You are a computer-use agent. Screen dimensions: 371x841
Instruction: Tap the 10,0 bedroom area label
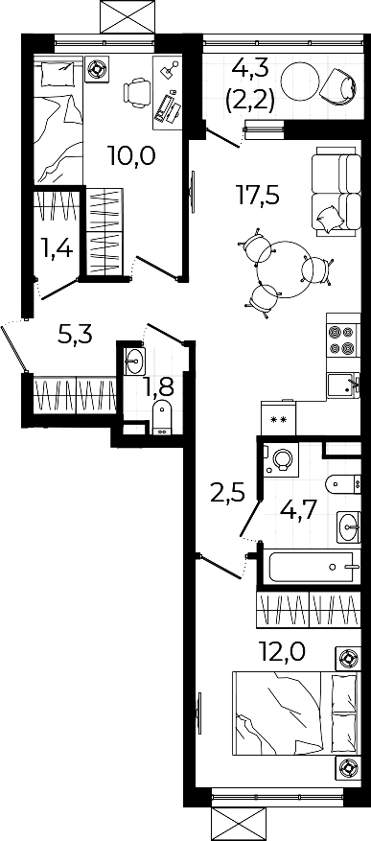[131, 155]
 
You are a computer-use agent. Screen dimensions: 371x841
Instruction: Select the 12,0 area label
[282, 653]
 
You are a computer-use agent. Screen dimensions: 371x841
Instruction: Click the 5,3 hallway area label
[75, 336]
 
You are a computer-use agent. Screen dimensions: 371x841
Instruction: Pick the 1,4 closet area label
[58, 248]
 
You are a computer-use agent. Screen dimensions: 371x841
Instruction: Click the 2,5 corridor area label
[227, 493]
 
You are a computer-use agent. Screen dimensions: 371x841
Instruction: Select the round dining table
[283, 269]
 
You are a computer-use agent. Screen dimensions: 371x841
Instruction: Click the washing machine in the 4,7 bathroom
[281, 459]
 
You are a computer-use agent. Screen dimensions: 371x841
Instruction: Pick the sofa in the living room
[336, 191]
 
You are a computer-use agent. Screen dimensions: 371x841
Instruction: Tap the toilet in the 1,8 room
[161, 418]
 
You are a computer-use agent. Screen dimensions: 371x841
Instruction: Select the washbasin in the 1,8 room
[134, 362]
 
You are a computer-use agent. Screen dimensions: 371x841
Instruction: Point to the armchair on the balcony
[338, 84]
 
